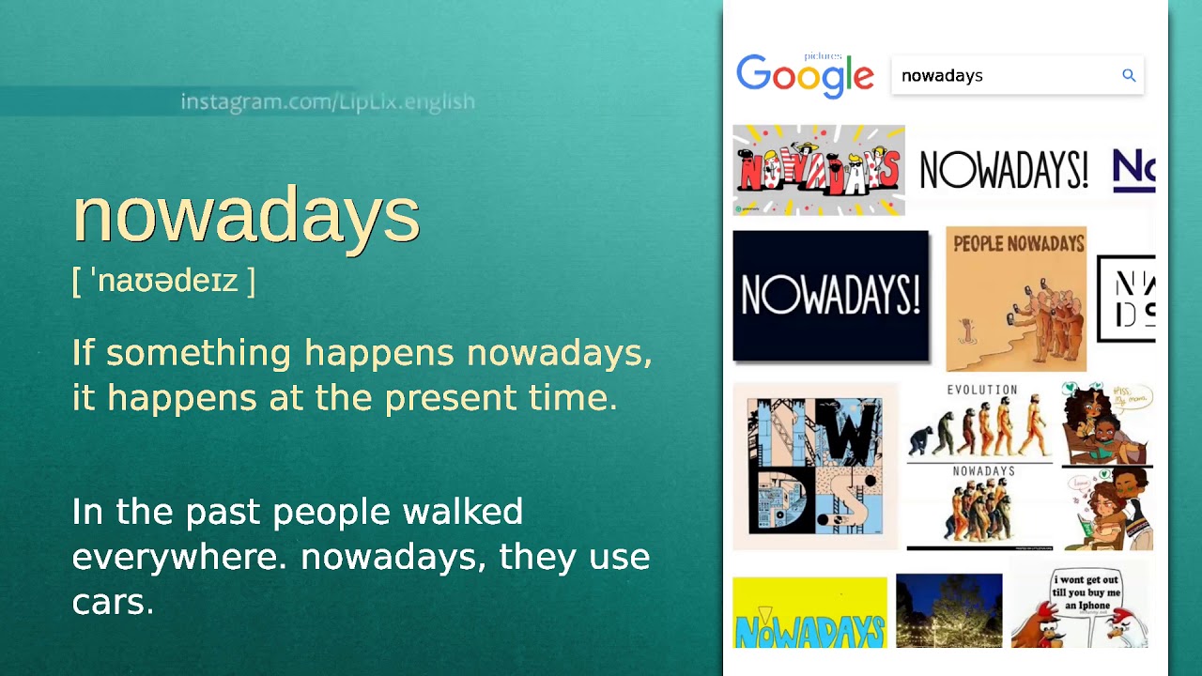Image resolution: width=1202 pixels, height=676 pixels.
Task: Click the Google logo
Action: (x=805, y=75)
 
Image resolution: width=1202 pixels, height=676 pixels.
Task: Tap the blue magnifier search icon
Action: (x=1129, y=75)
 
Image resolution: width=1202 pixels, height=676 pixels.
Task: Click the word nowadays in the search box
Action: (x=942, y=76)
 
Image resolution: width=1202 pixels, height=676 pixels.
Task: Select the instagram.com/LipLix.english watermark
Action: (x=328, y=101)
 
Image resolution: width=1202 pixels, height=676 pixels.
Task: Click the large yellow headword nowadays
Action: (x=245, y=214)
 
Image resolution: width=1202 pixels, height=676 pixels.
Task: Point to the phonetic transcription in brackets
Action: (x=163, y=281)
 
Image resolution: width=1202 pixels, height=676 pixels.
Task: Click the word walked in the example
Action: (x=462, y=512)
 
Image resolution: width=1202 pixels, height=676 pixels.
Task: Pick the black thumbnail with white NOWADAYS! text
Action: (x=830, y=296)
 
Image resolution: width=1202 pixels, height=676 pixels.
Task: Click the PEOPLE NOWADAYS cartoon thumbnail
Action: (x=1015, y=299)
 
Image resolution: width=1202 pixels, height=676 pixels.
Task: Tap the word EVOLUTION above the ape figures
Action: (x=981, y=390)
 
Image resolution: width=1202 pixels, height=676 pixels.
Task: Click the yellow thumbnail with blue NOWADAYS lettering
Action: (x=809, y=613)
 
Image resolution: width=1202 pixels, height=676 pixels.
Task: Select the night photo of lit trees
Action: (x=948, y=611)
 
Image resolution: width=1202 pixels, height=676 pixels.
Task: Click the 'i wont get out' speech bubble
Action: (x=1086, y=592)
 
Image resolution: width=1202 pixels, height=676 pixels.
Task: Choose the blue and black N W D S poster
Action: (x=815, y=466)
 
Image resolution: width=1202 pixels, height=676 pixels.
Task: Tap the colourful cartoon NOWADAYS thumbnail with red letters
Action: (x=819, y=170)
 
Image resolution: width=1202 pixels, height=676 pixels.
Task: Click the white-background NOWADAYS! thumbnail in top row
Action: (x=1003, y=171)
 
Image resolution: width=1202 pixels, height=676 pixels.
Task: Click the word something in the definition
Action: (x=198, y=353)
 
